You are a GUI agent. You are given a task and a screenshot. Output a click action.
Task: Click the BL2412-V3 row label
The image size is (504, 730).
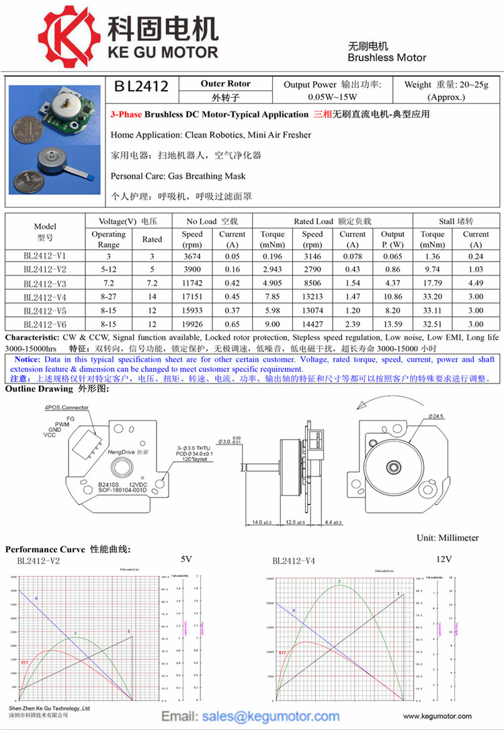click(x=45, y=283)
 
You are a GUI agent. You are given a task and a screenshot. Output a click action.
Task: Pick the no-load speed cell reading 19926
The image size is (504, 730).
click(x=192, y=323)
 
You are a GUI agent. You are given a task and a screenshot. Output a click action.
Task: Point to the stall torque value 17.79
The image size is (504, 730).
click(x=432, y=283)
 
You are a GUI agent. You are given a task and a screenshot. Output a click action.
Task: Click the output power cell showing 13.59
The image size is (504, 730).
click(x=393, y=323)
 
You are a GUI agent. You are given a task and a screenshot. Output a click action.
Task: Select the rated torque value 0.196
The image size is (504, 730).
click(x=272, y=257)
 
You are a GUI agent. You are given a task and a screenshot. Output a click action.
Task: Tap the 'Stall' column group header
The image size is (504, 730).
click(x=456, y=221)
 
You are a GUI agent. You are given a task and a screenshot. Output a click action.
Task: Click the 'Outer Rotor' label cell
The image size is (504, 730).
click(x=225, y=84)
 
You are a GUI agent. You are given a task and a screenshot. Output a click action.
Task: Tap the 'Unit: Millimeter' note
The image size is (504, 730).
click(x=448, y=538)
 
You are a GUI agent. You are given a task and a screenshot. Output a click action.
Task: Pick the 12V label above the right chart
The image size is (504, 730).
click(x=444, y=559)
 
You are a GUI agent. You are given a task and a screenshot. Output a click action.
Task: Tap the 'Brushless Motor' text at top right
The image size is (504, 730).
click(x=386, y=58)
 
